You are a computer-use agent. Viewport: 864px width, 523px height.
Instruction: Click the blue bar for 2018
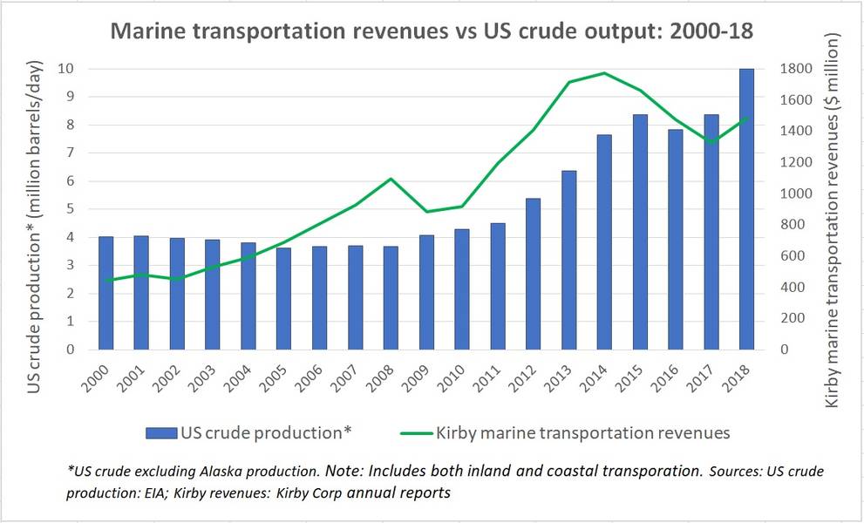click(747, 209)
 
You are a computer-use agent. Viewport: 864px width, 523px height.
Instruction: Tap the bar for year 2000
click(106, 293)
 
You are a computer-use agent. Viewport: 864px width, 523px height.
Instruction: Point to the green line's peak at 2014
click(604, 73)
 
